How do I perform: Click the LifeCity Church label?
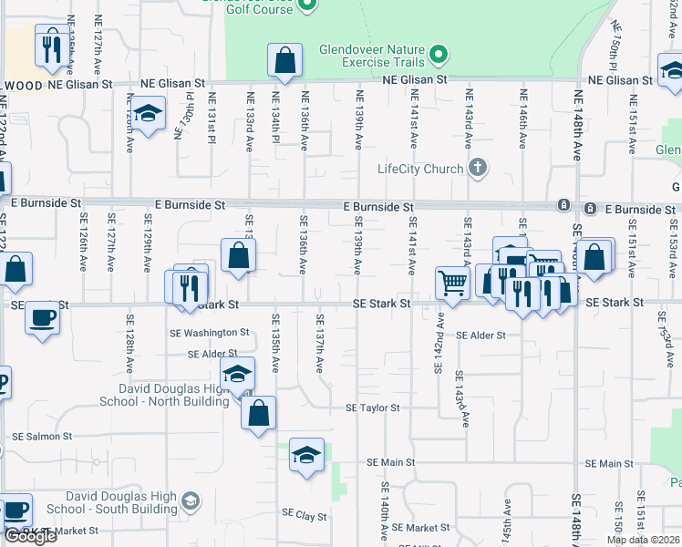420,169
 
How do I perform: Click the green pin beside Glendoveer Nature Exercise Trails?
439,56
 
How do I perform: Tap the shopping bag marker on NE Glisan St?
285,62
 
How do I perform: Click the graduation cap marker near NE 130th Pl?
146,116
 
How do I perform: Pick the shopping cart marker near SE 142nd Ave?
452,284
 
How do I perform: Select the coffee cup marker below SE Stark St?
43,319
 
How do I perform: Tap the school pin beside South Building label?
190,501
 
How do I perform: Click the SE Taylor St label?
372,408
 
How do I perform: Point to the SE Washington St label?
209,333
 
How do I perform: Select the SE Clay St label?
305,516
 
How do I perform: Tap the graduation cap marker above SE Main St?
306,455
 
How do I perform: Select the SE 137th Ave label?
319,343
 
